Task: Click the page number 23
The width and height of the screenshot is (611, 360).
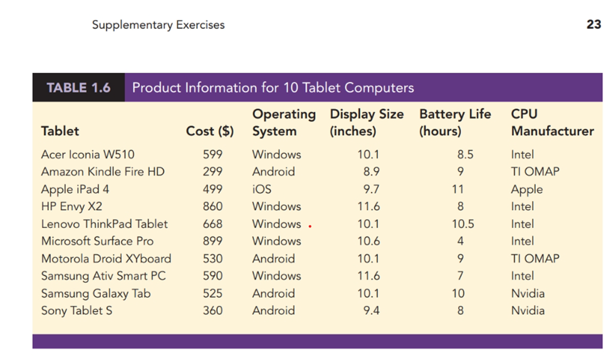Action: [x=593, y=25]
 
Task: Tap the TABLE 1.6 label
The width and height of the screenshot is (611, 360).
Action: [x=78, y=88]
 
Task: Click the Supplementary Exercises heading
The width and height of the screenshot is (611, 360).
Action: [x=158, y=25]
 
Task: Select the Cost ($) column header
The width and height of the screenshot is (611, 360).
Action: [x=210, y=131]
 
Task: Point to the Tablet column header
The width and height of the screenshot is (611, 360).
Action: [x=60, y=131]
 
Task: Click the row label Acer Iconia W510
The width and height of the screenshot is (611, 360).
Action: [x=88, y=154]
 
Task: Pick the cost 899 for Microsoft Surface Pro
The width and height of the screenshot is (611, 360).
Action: [x=212, y=241]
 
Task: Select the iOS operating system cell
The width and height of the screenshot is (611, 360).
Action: [x=262, y=189]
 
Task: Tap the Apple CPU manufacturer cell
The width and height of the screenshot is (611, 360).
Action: [x=526, y=189]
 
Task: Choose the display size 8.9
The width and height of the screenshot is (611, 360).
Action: [x=371, y=172]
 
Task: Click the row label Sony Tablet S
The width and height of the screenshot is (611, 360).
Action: [x=77, y=310]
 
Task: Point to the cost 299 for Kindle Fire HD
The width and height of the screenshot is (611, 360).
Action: [x=212, y=172]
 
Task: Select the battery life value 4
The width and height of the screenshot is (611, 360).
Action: [x=461, y=241]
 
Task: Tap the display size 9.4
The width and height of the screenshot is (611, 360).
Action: [x=371, y=310]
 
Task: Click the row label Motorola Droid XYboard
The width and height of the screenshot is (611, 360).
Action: [x=106, y=258]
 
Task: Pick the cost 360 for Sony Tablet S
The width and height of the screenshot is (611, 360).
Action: [x=212, y=310]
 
